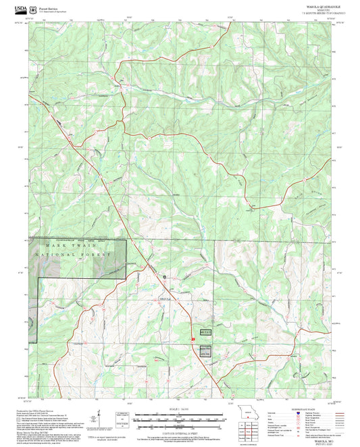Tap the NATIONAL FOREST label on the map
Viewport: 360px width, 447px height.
[69, 255]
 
